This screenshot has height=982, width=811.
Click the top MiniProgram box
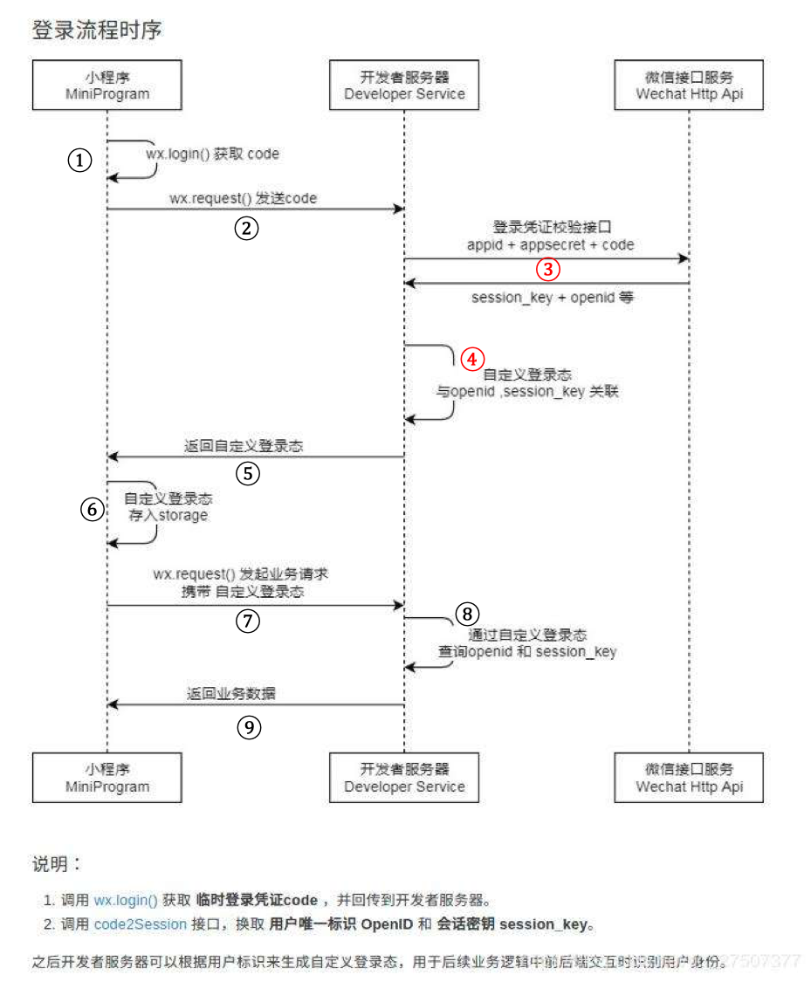coord(107,85)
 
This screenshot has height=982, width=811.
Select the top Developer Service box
coord(404,85)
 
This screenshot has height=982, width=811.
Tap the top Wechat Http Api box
coord(690,85)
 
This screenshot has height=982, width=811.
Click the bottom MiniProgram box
coord(107,778)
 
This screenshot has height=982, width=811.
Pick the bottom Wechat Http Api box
coord(690,778)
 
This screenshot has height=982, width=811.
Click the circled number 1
coord(80,161)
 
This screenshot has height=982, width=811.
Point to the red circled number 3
coord(547,270)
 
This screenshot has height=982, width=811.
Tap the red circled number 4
coord(471,358)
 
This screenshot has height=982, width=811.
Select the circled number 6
coord(93,510)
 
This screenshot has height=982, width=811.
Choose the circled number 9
coord(249,727)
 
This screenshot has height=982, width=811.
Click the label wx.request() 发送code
coord(243,199)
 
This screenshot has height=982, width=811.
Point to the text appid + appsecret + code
coord(551,245)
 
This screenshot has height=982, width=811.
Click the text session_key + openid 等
coord(553,298)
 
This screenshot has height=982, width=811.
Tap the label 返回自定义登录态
coord(244,446)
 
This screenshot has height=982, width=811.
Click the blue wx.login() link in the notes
coord(126,900)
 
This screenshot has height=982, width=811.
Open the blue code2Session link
coord(140,924)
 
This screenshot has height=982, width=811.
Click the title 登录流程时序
coord(97,31)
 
